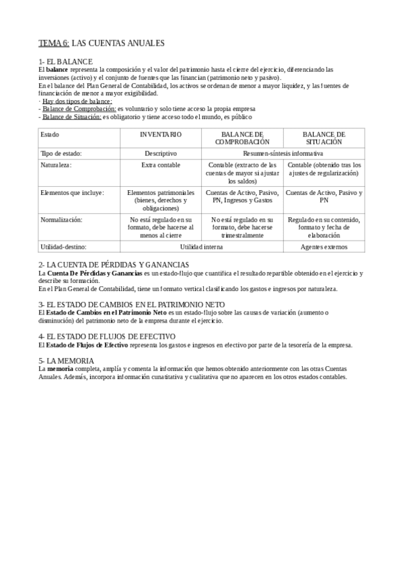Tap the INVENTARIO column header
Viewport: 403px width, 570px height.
click(x=161, y=135)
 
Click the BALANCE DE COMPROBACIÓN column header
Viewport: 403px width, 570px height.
click(x=242, y=138)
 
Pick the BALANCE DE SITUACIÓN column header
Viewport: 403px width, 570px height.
click(x=324, y=138)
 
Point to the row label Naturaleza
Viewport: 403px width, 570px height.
click(x=56, y=165)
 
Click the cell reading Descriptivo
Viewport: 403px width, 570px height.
click(x=161, y=153)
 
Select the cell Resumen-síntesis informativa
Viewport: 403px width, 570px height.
click(x=283, y=153)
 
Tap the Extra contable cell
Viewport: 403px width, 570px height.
click(x=161, y=165)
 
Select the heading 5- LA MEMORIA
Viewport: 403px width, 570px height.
click(x=67, y=361)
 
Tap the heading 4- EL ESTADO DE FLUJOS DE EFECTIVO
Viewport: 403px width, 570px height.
click(x=107, y=336)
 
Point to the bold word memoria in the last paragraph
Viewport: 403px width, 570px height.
click(x=61, y=369)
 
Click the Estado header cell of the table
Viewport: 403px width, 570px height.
click(x=50, y=135)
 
